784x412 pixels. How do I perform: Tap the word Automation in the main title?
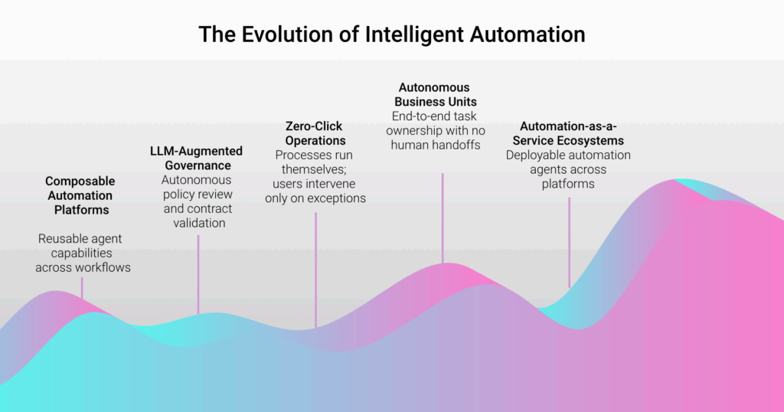(x=528, y=34)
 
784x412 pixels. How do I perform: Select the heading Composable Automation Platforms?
(x=80, y=195)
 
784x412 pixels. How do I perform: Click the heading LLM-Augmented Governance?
(x=197, y=158)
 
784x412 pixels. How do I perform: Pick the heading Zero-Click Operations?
(x=315, y=133)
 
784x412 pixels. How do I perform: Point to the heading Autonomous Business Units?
(x=435, y=94)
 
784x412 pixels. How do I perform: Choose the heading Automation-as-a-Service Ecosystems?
(x=568, y=133)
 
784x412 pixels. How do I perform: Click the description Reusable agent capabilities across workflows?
(x=83, y=253)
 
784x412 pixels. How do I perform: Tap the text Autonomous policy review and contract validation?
(x=198, y=201)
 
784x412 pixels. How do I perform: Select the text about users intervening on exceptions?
(x=315, y=191)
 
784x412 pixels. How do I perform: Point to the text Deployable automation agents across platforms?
(x=568, y=169)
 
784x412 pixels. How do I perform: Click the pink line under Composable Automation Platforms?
(x=82, y=288)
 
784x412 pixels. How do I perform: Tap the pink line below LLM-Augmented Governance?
(x=198, y=274)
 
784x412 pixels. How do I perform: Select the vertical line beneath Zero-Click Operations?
(x=315, y=270)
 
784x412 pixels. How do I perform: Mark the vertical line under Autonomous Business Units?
(x=443, y=218)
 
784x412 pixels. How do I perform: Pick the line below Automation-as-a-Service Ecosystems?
(x=569, y=243)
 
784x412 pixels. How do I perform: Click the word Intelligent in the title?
(x=414, y=34)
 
